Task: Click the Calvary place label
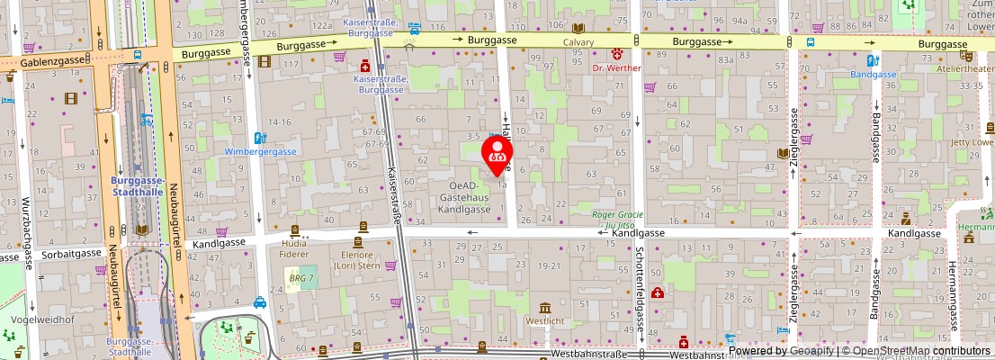pos(578,42)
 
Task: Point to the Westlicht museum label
pos(546,319)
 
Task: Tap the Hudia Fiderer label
pos(294,248)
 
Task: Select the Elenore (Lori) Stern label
pos(359,260)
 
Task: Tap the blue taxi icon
pos(259,302)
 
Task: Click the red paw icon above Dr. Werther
pos(617,54)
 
